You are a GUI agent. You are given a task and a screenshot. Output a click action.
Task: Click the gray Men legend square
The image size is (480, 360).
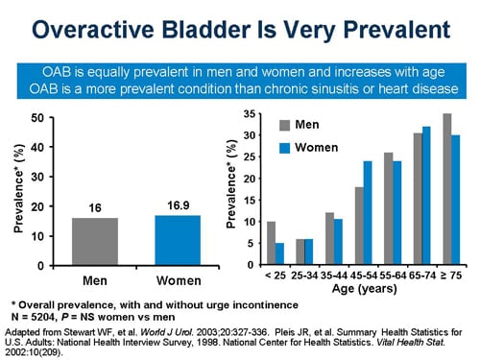(x=283, y=125)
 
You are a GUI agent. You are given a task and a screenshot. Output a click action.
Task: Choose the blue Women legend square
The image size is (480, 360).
(x=283, y=148)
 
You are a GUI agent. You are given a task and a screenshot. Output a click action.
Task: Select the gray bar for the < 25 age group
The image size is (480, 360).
(x=271, y=243)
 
